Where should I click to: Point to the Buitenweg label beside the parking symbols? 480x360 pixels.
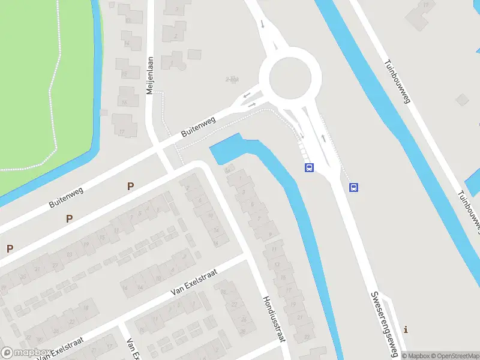65,197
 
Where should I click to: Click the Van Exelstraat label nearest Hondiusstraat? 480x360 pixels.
193,282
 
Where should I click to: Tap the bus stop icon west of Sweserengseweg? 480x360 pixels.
309,168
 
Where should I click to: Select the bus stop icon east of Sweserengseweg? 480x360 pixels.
354,187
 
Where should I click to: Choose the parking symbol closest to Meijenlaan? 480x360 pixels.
130,187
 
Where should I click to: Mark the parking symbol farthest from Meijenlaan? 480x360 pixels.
10,248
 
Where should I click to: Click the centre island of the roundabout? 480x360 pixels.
291,79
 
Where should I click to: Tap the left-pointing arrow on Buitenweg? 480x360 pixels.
246,96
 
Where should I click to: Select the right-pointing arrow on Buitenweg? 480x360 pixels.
252,106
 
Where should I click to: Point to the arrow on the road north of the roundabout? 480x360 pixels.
263,25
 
